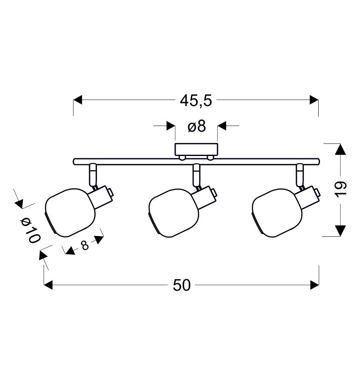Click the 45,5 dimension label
pyautogui.click(x=196, y=101)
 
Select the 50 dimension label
pyautogui.click(x=182, y=285)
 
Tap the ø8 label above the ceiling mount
pyautogui.click(x=197, y=126)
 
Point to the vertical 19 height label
pyautogui.click(x=340, y=189)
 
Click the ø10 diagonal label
pyautogui.click(x=30, y=231)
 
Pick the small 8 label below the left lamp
pyautogui.click(x=84, y=245)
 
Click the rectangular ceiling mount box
pyautogui.click(x=197, y=149)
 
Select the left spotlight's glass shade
pyautogui.click(x=70, y=212)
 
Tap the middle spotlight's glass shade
pyautogui.click(x=174, y=213)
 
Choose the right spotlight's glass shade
pyautogui.click(x=277, y=213)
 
